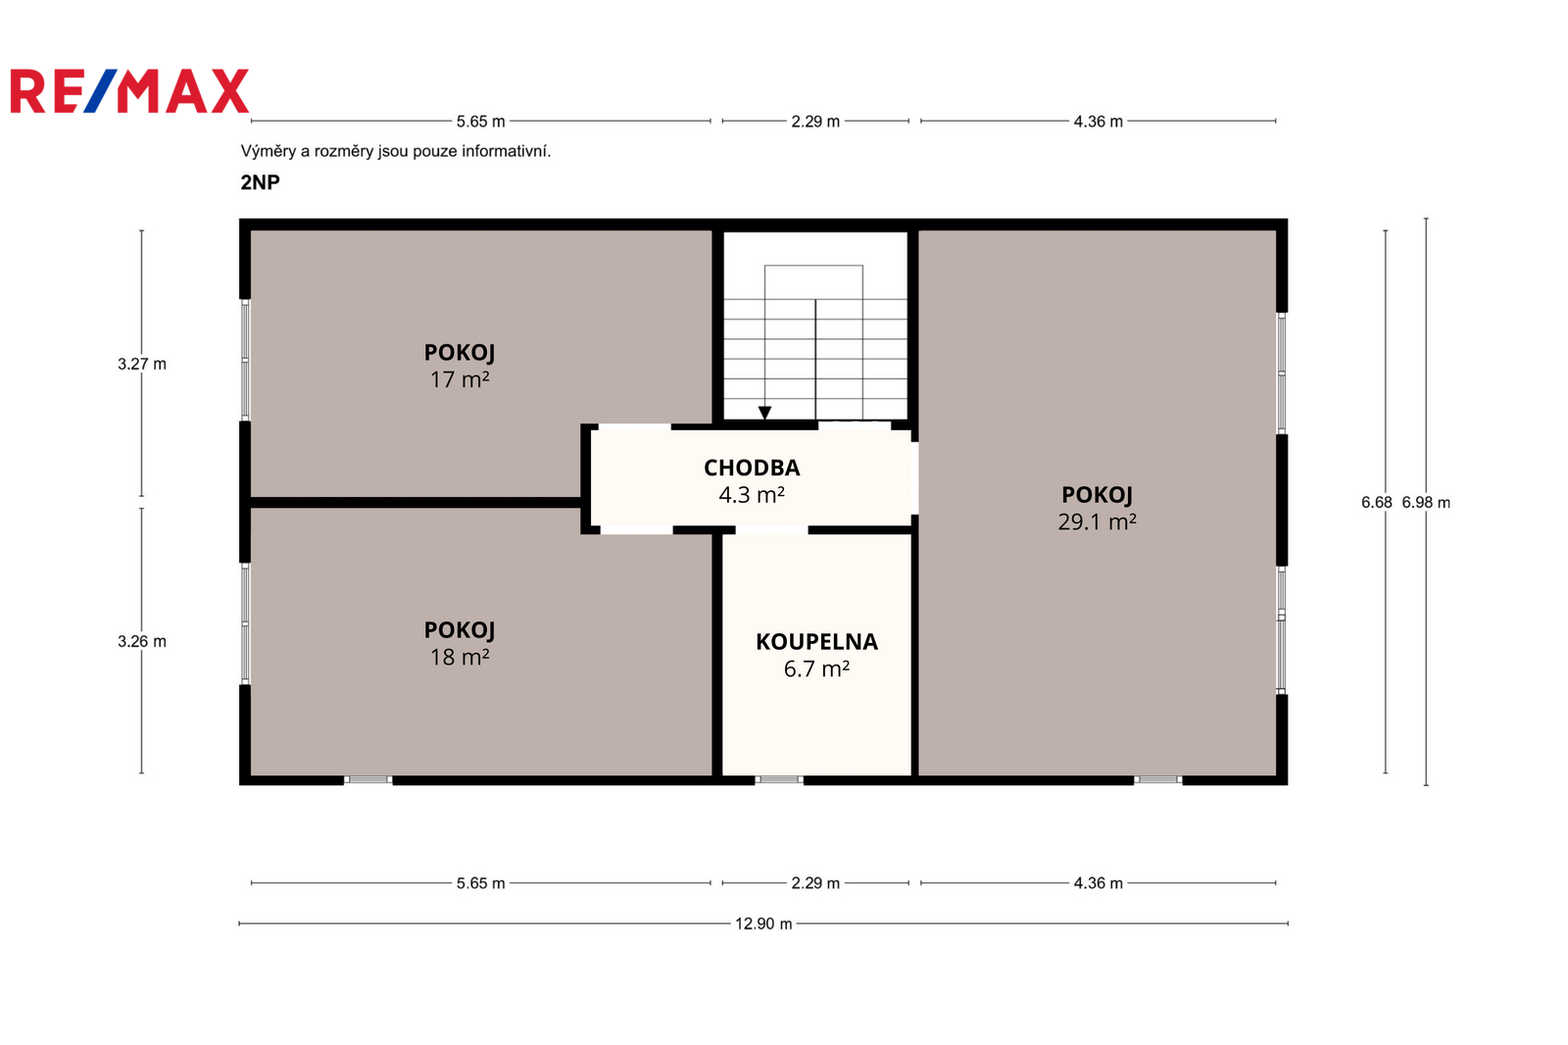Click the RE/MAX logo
129,91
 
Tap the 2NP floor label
261,182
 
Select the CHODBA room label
752,468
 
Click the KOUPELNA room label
817,642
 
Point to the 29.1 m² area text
1097,522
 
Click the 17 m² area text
460,379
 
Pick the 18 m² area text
460,657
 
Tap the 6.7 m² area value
817,669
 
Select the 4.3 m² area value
752,495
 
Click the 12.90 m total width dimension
763,923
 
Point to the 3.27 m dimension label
142,365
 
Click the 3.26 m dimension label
142,641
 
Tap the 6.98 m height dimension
1426,502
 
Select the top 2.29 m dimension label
815,122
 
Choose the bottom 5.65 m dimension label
481,883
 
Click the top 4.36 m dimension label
1099,122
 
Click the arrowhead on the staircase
765,414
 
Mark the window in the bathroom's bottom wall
779,779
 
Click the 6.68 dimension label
1376,502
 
